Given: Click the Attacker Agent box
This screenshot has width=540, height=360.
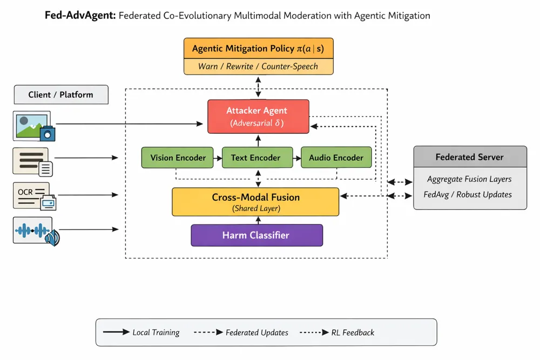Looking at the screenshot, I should coord(258,116).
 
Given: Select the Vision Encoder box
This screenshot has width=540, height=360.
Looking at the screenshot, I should coord(178,158).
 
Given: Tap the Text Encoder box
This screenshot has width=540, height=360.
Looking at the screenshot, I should coord(257,158).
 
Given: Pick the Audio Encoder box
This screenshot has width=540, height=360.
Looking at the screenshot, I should coord(336,158).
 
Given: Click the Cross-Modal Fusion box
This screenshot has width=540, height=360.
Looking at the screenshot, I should coord(255,202).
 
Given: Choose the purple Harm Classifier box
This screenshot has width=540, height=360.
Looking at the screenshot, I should coord(256,235).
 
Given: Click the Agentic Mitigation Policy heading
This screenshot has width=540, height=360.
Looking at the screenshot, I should coord(258,49).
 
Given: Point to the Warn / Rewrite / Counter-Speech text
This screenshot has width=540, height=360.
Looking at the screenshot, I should coord(258,66).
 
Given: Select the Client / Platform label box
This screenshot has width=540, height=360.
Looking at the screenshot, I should coord(60,94).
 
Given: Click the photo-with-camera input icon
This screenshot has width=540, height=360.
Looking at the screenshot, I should coord(34,126).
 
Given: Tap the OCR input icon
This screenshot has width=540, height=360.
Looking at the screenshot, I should coord(34,196).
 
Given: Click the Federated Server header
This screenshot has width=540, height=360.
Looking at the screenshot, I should coord(469,157).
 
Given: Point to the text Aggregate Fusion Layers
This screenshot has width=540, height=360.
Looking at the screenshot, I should coord(469,179).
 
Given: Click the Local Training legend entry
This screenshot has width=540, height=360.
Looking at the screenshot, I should coord(141,332).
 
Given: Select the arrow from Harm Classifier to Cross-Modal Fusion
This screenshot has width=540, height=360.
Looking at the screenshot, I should coord(258,220).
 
